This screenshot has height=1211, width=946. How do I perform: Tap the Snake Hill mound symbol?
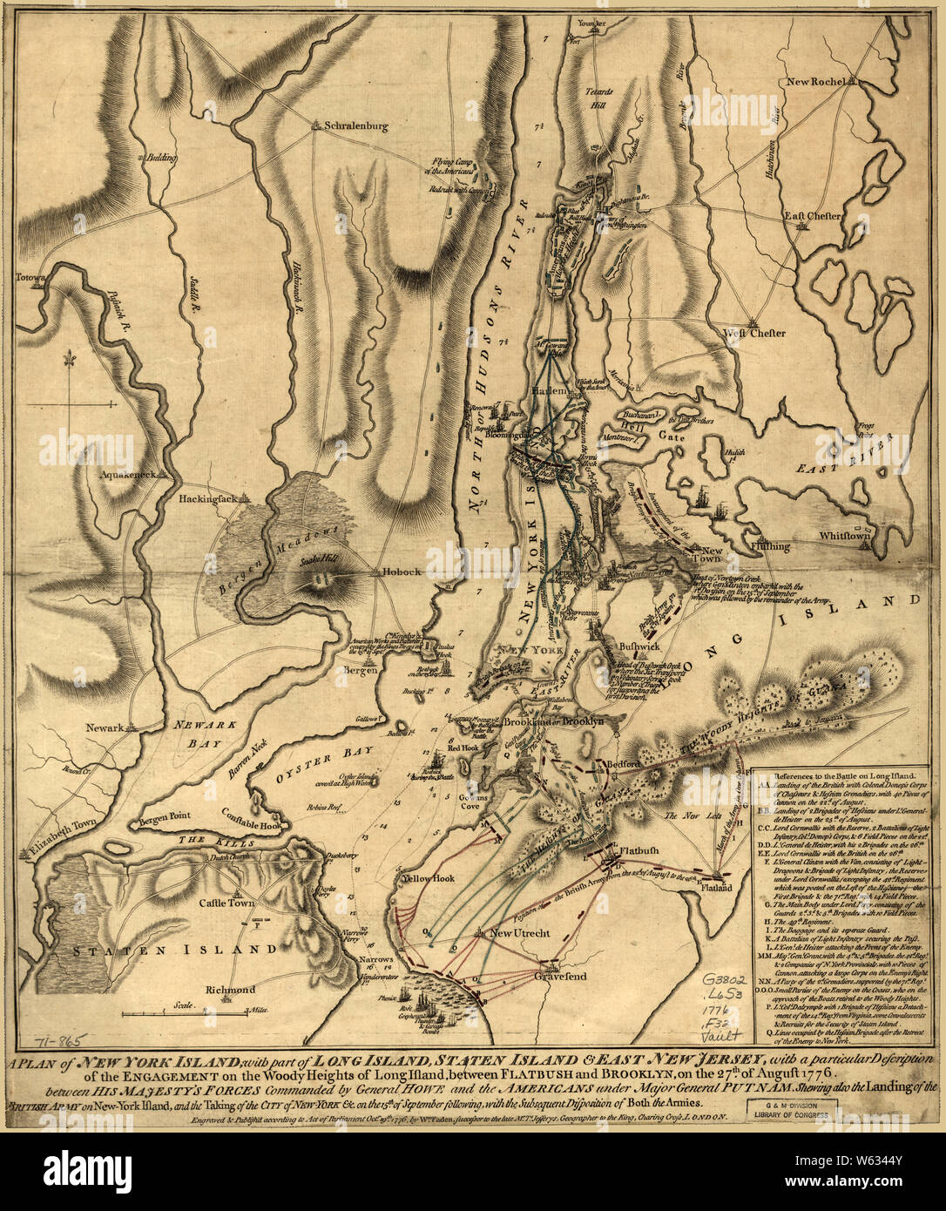(321, 578)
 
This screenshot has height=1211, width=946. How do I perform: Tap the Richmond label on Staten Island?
(228, 990)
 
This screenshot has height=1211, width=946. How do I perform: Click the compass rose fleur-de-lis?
(69, 362)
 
